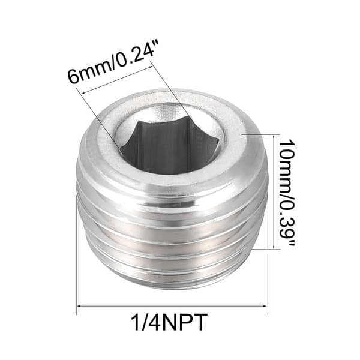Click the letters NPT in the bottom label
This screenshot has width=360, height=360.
click(187, 324)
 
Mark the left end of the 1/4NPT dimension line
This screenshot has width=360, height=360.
click(78, 307)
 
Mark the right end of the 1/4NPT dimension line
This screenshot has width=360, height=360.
click(267, 307)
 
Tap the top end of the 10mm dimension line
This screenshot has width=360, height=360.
click(274, 135)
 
